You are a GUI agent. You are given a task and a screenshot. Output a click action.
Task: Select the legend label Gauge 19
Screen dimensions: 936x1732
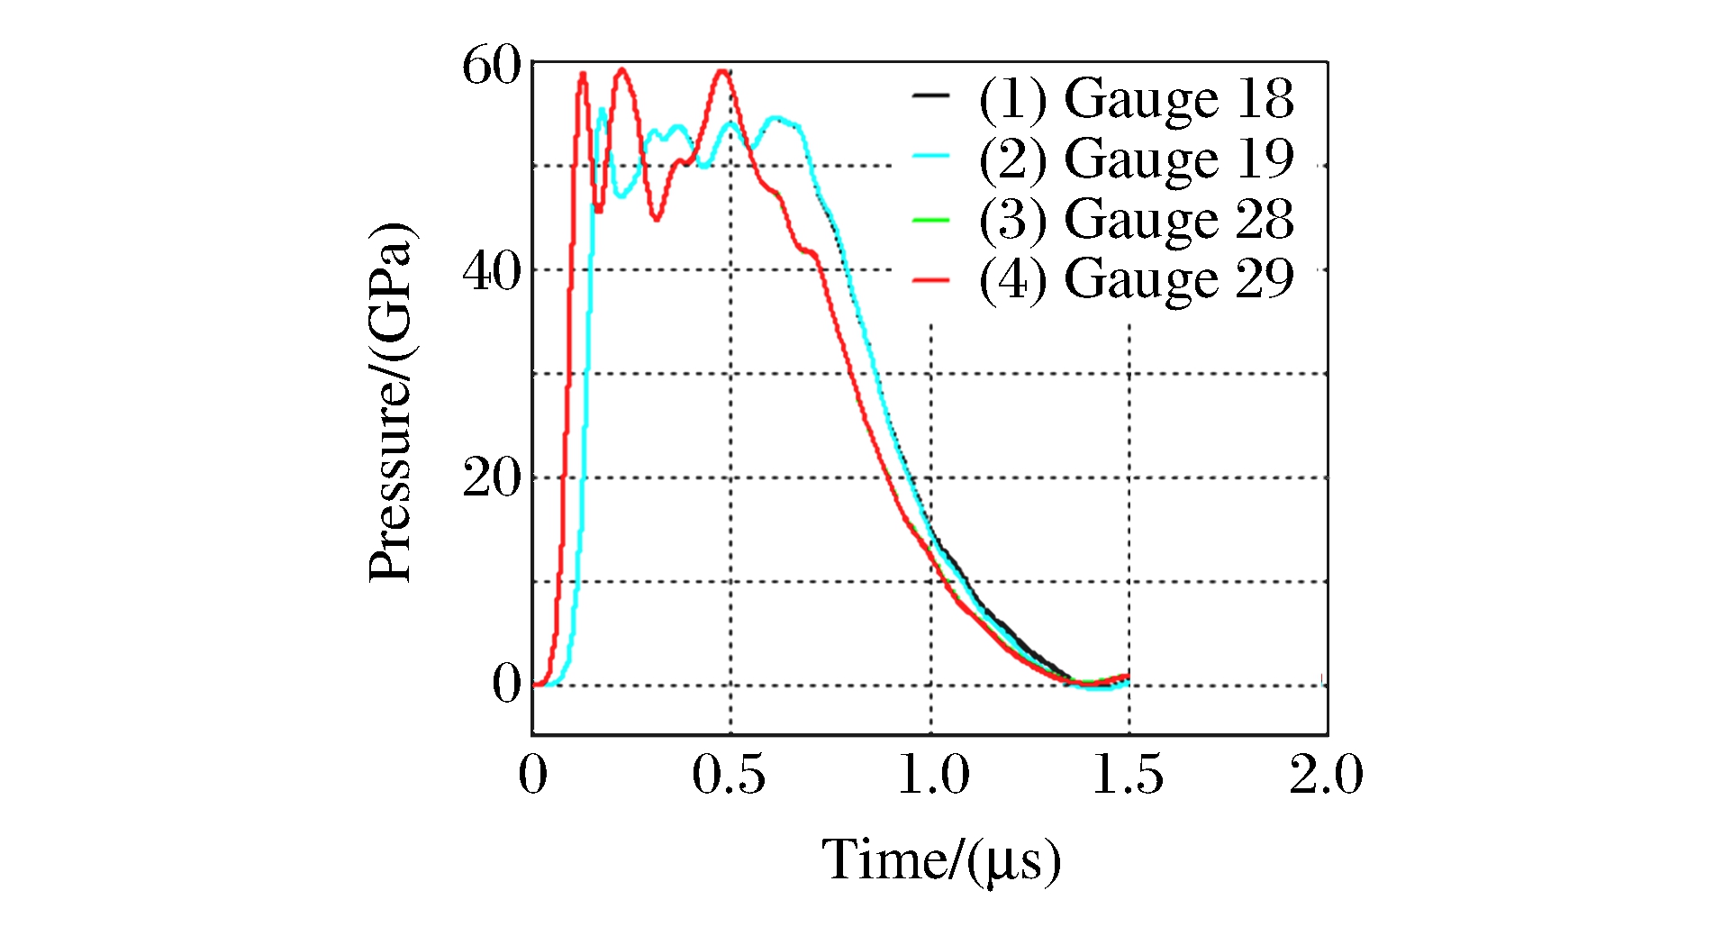tap(1137, 159)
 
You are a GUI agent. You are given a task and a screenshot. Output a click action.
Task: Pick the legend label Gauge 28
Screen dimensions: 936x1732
tap(1137, 219)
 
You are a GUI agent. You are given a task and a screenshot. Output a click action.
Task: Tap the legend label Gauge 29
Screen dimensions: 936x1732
tap(1137, 278)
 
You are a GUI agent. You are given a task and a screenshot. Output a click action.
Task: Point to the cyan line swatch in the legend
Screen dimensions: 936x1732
tap(931, 156)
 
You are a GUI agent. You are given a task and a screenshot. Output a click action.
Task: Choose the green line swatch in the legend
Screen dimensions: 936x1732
tap(931, 219)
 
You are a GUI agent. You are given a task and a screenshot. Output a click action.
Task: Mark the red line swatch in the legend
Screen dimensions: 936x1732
tap(931, 280)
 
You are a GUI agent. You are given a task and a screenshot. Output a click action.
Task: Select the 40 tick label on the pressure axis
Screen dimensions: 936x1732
tap(492, 270)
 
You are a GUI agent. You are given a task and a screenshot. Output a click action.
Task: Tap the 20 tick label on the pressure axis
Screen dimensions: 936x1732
tap(492, 477)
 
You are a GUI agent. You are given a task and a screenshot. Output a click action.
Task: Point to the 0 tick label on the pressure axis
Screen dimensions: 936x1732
tap(506, 684)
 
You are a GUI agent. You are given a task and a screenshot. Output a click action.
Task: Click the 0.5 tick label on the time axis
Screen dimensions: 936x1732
tap(729, 775)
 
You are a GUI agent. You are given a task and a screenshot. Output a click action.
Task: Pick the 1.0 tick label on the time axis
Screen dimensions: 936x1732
tap(933, 775)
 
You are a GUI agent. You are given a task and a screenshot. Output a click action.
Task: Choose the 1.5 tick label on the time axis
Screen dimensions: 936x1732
tap(1128, 775)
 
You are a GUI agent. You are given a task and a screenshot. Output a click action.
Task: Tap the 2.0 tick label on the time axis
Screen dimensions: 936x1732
tap(1326, 775)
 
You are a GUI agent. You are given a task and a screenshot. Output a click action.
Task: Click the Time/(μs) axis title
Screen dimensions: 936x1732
tap(941, 860)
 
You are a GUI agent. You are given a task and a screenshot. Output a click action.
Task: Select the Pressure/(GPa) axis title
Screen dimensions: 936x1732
tap(391, 402)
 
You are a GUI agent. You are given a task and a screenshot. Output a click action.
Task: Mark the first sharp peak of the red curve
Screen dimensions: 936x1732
tap(583, 74)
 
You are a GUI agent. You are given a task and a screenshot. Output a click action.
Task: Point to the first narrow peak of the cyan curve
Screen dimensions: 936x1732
tap(602, 110)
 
